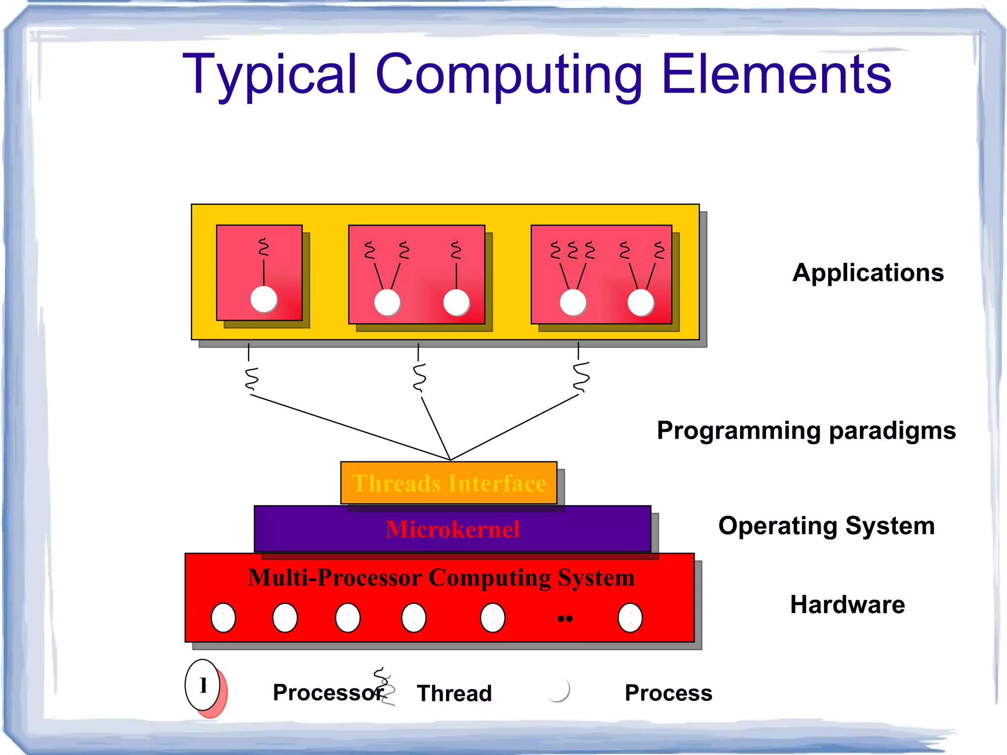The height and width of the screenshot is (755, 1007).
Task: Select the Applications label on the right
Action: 868,272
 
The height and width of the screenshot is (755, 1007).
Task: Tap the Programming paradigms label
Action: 806,430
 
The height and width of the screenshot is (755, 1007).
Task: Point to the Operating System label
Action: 826,525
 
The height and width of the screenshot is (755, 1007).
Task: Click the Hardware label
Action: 847,604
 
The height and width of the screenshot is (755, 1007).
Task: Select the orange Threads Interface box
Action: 448,483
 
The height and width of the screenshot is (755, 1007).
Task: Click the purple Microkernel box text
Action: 452,530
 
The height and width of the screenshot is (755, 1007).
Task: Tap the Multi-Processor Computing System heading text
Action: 441,577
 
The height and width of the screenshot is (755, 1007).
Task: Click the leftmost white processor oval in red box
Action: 223,618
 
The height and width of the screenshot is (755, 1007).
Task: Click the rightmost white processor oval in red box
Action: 630,618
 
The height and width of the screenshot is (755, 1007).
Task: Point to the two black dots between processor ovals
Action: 565,619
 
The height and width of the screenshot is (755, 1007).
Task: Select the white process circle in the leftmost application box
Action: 264,299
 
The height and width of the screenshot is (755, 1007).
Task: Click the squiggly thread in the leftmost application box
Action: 264,247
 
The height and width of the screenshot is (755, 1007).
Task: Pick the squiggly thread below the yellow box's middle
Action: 419,377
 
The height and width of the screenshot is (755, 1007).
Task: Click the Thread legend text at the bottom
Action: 454,694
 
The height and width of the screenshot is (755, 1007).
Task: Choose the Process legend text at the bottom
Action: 668,693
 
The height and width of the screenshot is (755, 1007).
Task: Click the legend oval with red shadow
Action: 203,685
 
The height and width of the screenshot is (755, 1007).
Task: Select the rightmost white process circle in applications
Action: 640,302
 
